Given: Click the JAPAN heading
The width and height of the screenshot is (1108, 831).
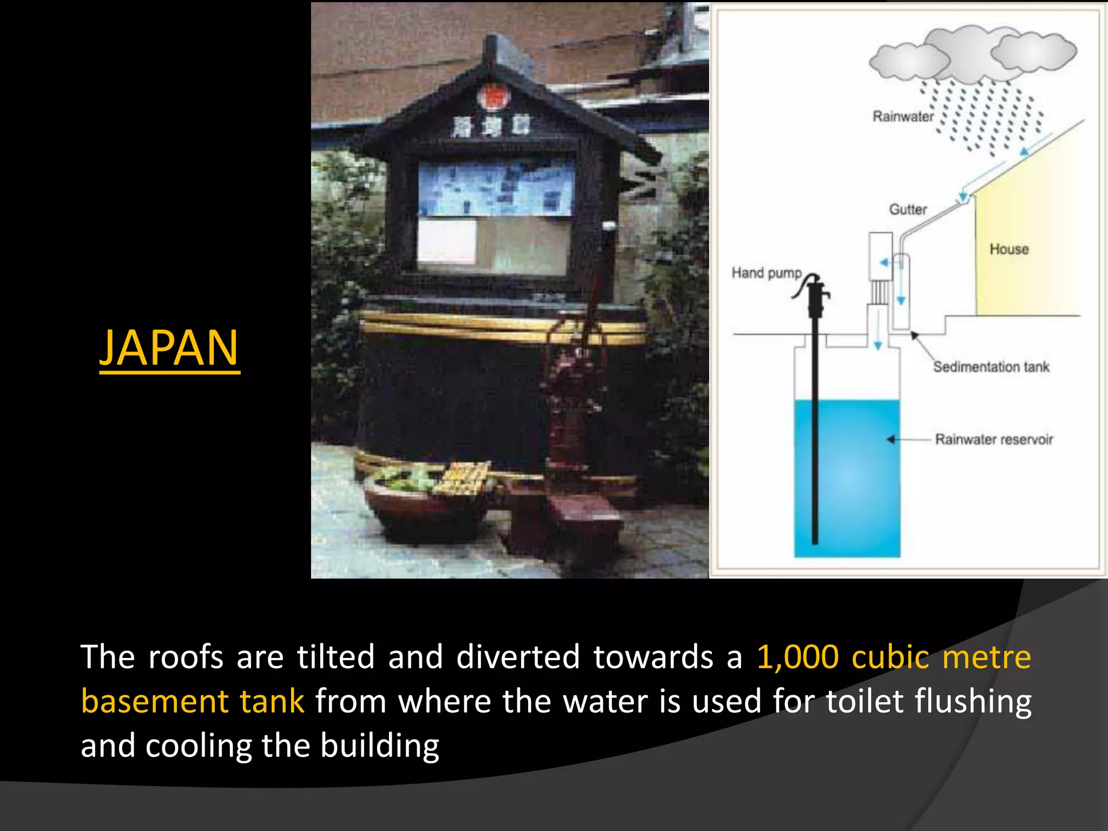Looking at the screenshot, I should pos(169,348).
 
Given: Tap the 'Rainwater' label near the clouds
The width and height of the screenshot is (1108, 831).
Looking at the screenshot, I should pos(903,116).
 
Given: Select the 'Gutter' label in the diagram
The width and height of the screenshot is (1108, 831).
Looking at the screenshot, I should pos(908,209).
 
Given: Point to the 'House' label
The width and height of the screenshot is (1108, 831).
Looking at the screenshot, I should pos(1009,249).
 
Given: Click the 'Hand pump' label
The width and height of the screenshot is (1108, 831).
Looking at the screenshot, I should pos(766,273).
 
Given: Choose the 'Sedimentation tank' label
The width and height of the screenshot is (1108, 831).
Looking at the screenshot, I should pos(991,367).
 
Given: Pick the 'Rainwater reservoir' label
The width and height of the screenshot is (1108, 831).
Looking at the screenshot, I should pos(994,439).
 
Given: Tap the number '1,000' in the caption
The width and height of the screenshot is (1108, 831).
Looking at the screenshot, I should pos(797,657).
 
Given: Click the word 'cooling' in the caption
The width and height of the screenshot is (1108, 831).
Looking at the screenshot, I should pos(198,746).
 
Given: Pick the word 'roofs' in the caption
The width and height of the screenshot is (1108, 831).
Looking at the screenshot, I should pos(186,657).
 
